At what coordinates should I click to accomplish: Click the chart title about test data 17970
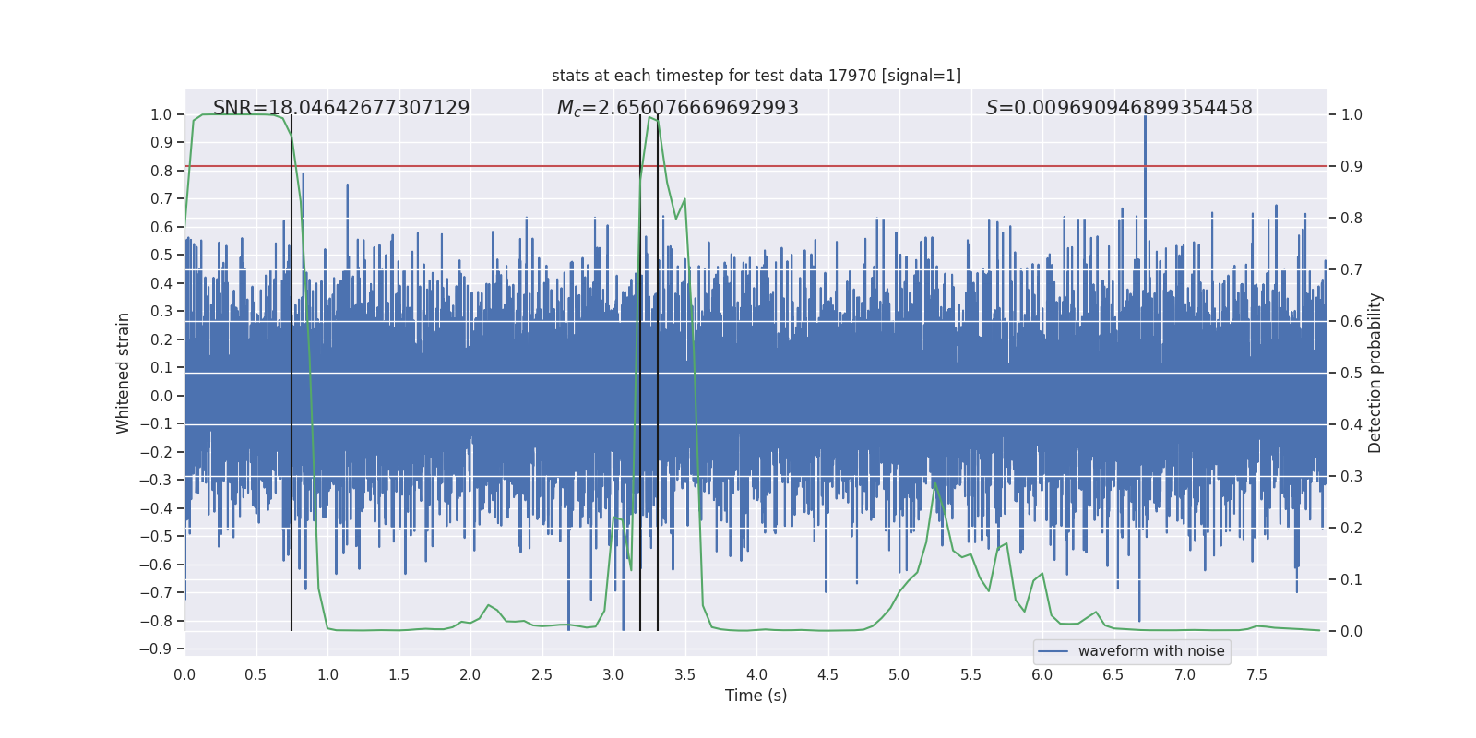coord(756,76)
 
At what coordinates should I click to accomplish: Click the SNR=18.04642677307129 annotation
coord(341,108)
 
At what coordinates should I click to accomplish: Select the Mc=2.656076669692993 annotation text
coord(677,108)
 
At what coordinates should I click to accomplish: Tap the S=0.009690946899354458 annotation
coord(1118,108)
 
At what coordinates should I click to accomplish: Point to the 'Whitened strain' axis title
coord(123,373)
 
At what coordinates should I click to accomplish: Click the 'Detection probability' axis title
coord(1375,373)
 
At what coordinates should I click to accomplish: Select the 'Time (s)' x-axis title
coord(756,696)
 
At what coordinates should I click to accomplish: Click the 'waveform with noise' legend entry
coord(1150,651)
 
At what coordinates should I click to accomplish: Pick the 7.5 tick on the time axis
coord(1256,674)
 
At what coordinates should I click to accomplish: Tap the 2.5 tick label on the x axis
coord(542,674)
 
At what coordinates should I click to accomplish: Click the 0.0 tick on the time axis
coord(185,674)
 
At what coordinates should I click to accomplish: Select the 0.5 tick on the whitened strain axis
coord(161,256)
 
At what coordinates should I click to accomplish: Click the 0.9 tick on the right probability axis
coord(1351,167)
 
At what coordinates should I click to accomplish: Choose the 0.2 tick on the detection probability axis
coord(1351,529)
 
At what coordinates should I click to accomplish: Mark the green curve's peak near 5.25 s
coord(934,482)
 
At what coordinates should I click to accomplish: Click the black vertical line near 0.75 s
coord(292,369)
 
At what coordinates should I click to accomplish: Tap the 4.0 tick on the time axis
coord(756,674)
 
